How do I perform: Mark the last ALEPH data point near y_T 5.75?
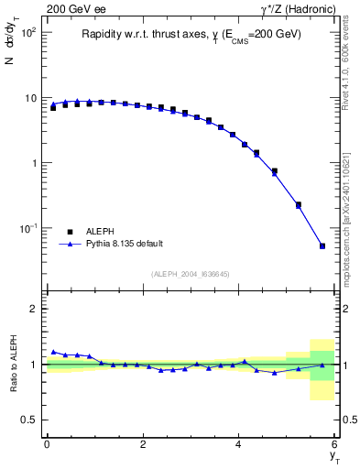coord(322,245)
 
